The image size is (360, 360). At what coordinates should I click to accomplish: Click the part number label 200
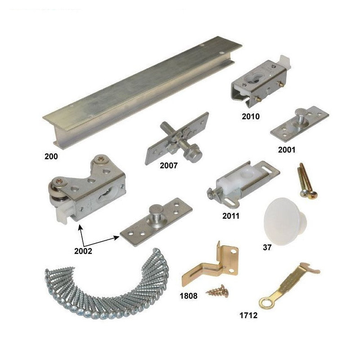point(51,157)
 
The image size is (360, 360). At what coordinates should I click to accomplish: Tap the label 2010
point(251,117)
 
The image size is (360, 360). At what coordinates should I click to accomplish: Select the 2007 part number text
point(169,166)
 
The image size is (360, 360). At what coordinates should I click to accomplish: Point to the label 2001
point(287,150)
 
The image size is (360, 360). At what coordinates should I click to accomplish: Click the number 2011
point(231,216)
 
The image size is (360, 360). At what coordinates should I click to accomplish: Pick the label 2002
point(83,251)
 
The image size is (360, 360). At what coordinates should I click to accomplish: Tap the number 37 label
point(267,247)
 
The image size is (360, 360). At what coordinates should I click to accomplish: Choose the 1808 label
point(189,296)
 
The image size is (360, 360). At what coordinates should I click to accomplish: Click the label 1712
point(248,315)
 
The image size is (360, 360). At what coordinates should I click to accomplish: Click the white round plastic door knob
point(284,221)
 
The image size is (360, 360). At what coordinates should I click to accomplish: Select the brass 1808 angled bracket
point(211,266)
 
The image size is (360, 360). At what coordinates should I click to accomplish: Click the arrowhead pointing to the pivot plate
point(117,238)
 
